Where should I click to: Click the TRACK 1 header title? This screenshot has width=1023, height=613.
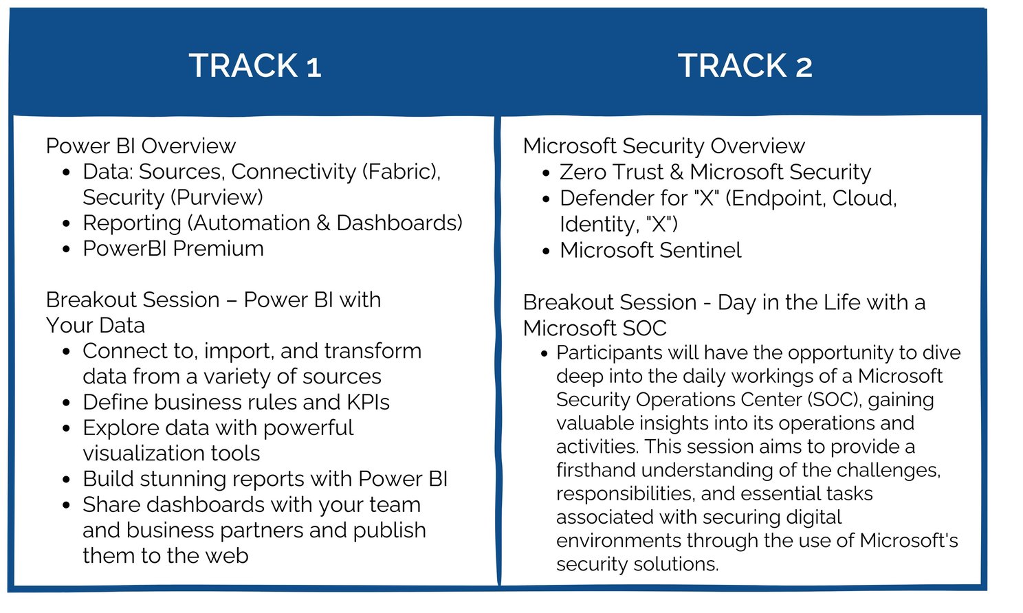(x=255, y=66)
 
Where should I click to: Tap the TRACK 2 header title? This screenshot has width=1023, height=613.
(x=745, y=66)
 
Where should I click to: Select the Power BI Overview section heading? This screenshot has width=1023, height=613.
(x=140, y=146)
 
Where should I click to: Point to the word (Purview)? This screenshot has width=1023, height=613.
(x=217, y=197)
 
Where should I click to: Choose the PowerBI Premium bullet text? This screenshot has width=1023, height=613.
(x=173, y=248)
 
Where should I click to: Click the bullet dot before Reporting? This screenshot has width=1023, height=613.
(x=66, y=224)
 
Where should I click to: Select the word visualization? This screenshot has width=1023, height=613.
(x=171, y=453)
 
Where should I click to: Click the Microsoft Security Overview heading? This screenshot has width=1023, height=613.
(x=663, y=146)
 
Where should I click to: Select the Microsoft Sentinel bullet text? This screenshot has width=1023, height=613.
(x=650, y=250)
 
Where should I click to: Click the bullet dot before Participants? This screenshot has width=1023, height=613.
(x=544, y=354)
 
